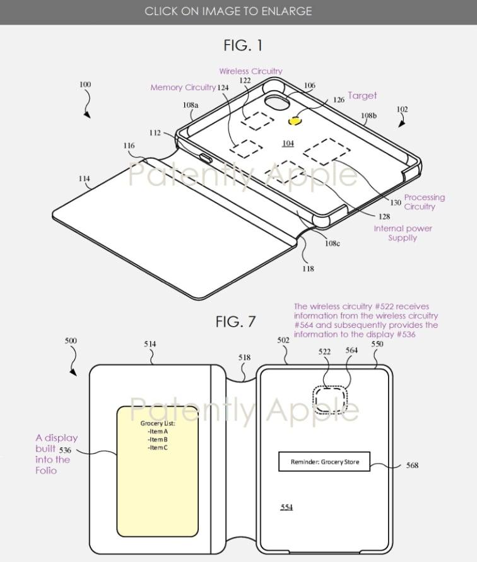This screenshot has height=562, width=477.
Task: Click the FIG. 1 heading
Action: click(243, 45)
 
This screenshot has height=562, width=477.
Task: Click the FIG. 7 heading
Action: click(235, 321)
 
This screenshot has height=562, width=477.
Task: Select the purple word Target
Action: click(362, 96)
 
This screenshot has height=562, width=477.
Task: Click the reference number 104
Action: click(288, 143)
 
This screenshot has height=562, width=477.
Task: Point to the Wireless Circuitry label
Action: click(250, 71)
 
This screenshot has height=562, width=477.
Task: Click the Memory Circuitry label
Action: click(183, 88)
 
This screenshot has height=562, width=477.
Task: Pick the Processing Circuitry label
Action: click(424, 202)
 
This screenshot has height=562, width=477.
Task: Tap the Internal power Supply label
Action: click(403, 233)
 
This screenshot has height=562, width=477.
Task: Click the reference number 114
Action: click(84, 179)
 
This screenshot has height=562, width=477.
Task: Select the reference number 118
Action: click(308, 269)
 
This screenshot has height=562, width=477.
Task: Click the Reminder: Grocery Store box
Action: click(324, 462)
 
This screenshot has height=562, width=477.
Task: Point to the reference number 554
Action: click(286, 506)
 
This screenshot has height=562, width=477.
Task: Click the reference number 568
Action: click(412, 465)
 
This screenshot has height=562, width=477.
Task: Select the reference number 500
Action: click(71, 341)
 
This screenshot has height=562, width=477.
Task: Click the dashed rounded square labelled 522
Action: click(331, 397)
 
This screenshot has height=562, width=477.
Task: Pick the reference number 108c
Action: click(333, 243)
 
